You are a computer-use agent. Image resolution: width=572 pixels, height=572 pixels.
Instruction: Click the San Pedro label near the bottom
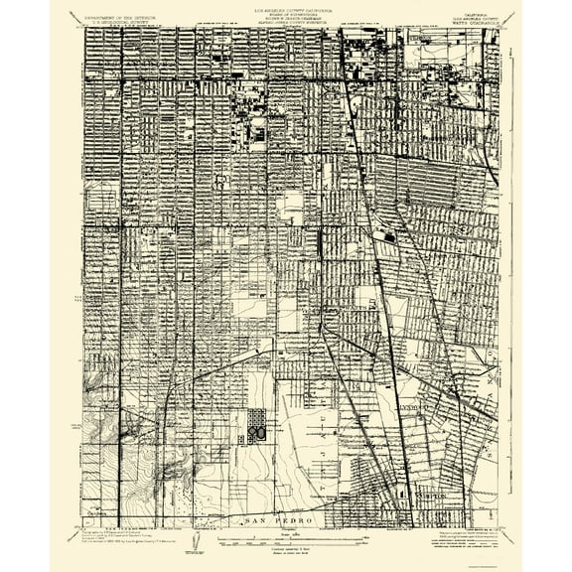coord(286,519)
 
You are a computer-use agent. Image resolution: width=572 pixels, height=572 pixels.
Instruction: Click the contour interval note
coord(286,549)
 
